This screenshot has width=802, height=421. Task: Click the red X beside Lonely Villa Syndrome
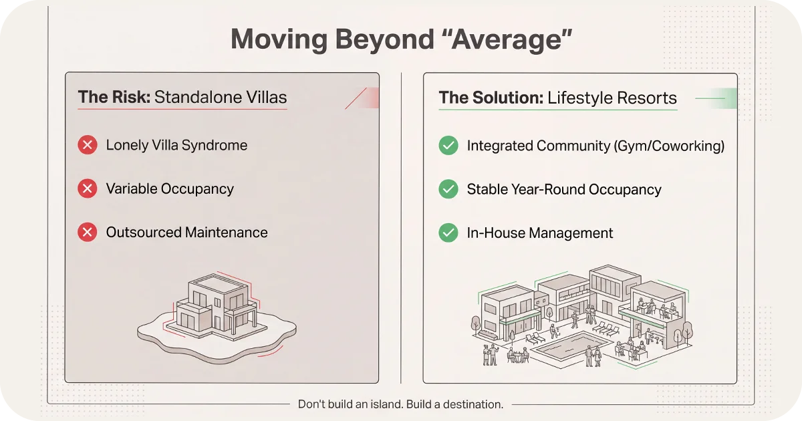[x=88, y=145]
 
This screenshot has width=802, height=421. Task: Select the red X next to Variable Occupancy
[x=88, y=189]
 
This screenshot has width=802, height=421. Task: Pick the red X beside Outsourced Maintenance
[x=88, y=233]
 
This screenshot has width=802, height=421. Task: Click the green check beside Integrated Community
[x=448, y=145]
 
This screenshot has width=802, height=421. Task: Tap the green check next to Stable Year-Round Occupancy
[x=448, y=189]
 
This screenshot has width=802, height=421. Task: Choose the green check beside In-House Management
[x=448, y=233]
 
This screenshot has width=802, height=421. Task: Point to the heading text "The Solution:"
[x=491, y=98]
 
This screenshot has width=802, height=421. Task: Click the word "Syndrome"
[x=215, y=146]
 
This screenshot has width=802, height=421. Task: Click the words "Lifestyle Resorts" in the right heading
[x=612, y=98]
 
